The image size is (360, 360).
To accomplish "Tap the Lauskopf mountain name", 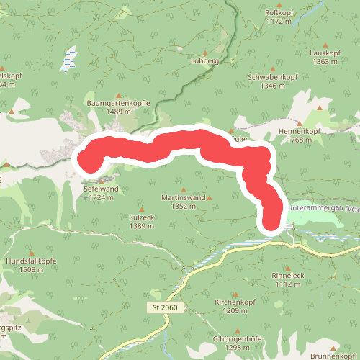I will (x=323, y=53).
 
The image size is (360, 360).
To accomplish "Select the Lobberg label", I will (x=204, y=62).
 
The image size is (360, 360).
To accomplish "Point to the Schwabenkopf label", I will (x=272, y=76).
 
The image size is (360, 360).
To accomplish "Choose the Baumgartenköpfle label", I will (x=118, y=103).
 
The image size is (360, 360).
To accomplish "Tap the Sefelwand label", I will (x=101, y=189).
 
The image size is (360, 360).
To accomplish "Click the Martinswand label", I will (x=184, y=197).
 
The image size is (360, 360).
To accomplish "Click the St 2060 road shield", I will (x=166, y=307).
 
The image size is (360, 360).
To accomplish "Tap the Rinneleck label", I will (x=288, y=275).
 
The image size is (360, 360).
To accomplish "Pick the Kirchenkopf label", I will (x=235, y=302).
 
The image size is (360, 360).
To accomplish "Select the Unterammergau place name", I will (x=318, y=208).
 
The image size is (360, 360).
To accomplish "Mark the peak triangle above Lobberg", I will (x=204, y=53).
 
